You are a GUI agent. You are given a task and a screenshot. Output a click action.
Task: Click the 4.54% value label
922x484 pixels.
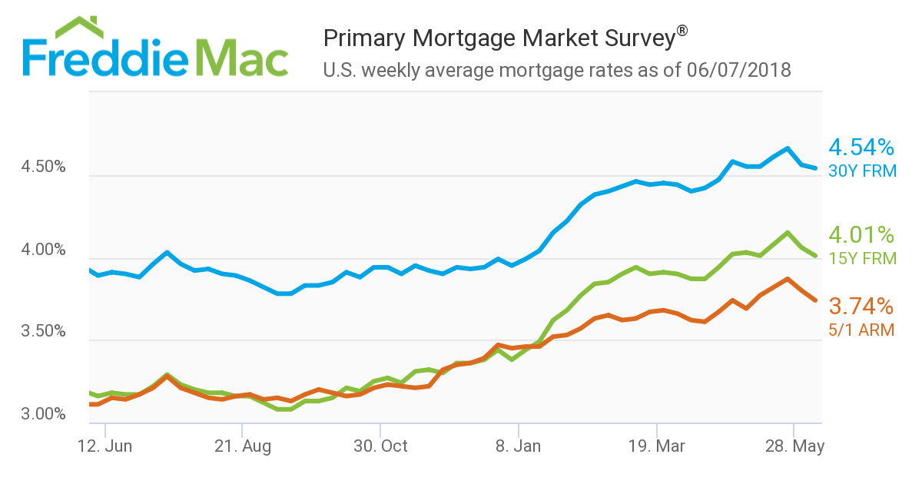pos(861,147)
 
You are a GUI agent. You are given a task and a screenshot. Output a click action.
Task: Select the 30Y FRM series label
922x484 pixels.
pos(862,171)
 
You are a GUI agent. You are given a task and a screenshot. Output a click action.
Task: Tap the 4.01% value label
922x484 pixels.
pos(861,234)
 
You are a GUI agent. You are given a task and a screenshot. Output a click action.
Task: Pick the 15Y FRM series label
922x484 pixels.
pos(862,258)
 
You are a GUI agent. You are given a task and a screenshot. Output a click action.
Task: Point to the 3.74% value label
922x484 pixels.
pos(861,306)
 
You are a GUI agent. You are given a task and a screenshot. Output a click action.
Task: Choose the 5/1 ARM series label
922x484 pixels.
pos(861,330)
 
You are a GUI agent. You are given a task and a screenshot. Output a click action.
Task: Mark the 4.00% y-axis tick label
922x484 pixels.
pos(45,250)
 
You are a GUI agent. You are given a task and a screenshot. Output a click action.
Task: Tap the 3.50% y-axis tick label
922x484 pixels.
pos(45,333)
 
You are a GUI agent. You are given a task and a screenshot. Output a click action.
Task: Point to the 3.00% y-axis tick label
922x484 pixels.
pos(45,415)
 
